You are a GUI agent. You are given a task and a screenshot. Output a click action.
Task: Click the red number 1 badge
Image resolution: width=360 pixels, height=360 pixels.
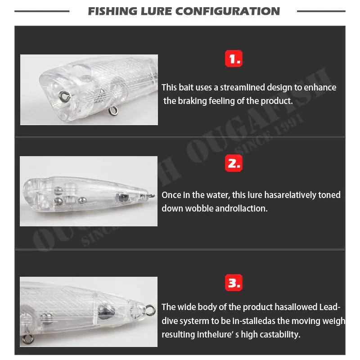[x=234, y=58]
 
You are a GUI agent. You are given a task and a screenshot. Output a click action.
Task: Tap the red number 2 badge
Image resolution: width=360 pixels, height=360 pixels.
[x=234, y=163]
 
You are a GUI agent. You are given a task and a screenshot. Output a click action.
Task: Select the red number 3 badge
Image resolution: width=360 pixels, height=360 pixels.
[x=234, y=283]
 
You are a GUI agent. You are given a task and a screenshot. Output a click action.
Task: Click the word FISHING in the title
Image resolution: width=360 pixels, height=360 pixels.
[x=112, y=11]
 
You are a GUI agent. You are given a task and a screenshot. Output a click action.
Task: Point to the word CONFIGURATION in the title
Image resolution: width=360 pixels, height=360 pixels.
[x=228, y=11]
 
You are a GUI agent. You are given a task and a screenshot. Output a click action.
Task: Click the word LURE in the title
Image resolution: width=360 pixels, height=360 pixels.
[x=156, y=11]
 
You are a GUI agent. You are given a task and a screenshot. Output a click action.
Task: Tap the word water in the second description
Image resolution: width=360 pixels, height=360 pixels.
[x=218, y=195]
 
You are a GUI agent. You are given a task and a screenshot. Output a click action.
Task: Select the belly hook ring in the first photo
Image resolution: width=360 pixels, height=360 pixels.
[x=113, y=111]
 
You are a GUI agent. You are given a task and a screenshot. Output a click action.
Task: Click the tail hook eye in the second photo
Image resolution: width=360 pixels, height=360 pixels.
[x=152, y=196]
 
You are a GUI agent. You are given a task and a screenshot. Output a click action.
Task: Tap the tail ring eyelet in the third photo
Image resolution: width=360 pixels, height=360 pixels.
[x=150, y=310]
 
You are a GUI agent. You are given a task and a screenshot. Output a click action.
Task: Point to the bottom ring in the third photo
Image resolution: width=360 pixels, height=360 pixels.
[x=27, y=339]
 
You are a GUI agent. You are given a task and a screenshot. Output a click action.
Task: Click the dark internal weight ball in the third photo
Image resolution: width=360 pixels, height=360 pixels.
[x=106, y=310]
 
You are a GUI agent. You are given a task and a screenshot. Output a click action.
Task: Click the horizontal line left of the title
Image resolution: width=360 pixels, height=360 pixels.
[x=42, y=11]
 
